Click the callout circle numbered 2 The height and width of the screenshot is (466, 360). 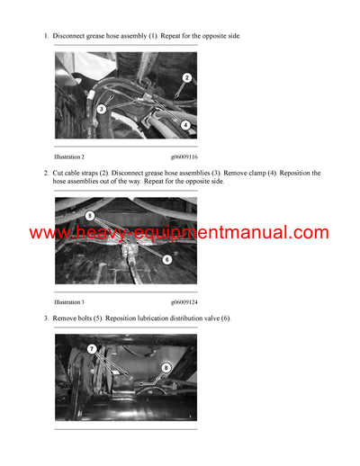tap(186, 78)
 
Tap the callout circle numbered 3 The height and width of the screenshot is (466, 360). tap(102, 109)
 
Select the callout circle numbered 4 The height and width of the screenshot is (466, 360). tap(185, 125)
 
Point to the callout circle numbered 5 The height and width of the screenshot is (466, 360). tap(90, 216)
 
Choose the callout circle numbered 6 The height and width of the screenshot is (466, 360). tap(167, 259)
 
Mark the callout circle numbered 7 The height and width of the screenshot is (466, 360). tap(91, 348)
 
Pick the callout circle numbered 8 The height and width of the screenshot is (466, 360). tap(166, 367)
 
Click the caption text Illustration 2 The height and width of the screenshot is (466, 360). tap(69, 157)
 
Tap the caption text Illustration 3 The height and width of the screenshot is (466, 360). tap(69, 302)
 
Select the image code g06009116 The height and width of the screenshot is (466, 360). tap(185, 157)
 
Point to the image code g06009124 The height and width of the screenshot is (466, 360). tap(185, 302)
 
